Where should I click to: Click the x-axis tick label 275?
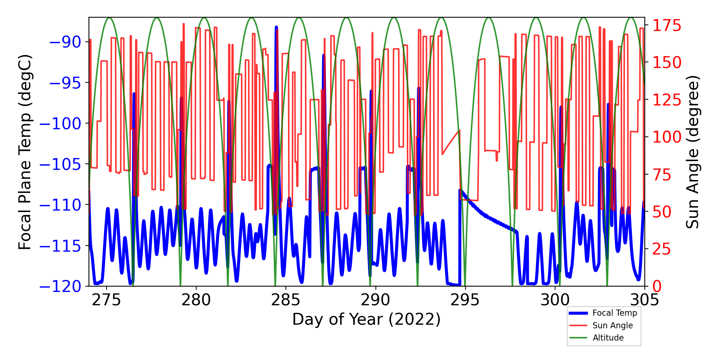[x=106, y=300]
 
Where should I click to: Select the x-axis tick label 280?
[x=196, y=300]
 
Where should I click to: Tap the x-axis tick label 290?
[x=375, y=300]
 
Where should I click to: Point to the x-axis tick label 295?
[x=465, y=300]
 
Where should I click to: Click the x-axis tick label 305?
[x=644, y=300]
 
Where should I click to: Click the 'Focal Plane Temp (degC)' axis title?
[x=25, y=152]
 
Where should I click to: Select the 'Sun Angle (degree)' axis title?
[x=692, y=152]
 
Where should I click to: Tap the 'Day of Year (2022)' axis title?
[x=366, y=319]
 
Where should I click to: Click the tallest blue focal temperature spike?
[x=276, y=27]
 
